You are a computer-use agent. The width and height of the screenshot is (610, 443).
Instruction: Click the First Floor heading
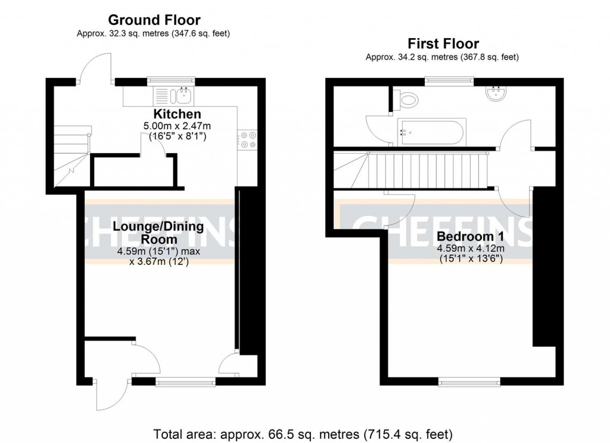[x=443, y=44]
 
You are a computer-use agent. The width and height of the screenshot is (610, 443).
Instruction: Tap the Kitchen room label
[x=177, y=114]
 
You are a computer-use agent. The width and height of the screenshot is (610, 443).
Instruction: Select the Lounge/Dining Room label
[x=158, y=233]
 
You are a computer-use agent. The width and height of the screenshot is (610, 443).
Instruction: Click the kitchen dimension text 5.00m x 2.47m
[x=177, y=126]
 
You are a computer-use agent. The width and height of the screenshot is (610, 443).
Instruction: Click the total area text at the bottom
[x=304, y=433]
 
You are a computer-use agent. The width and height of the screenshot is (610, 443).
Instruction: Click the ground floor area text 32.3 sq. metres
[x=154, y=34]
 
